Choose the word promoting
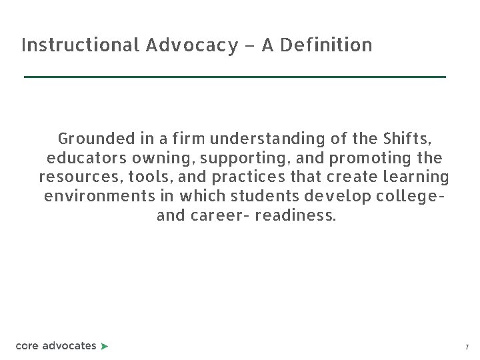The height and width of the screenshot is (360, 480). tap(362, 159)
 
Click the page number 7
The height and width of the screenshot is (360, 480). tap(467, 347)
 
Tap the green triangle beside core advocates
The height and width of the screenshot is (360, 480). tap(105, 346)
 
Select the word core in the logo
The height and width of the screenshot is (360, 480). tap(27, 346)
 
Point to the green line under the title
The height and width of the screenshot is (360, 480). tap(235, 77)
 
